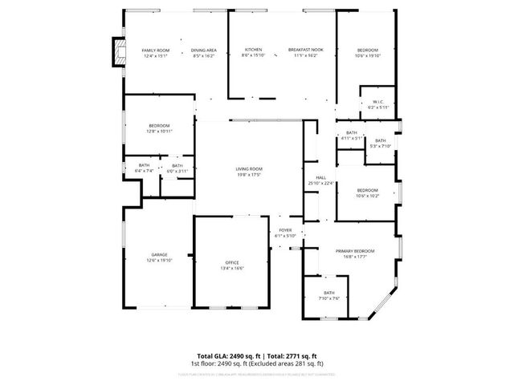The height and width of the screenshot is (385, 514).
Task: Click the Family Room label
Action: coord(156,50)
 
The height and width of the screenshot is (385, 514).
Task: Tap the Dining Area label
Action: coord(204,50)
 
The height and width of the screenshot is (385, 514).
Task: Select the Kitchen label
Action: coord(253,50)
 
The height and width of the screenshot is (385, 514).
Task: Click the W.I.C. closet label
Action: coord(379,102)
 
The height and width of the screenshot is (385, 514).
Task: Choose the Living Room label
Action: coord(249,168)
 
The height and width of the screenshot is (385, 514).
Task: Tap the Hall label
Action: coord(320,177)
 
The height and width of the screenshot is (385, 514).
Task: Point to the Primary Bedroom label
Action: coord(355,251)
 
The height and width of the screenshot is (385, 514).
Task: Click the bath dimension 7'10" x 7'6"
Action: coord(329,298)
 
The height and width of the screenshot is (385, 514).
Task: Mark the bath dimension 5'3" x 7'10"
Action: coord(381,146)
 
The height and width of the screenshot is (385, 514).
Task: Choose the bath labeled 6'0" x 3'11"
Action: coord(177,171)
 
